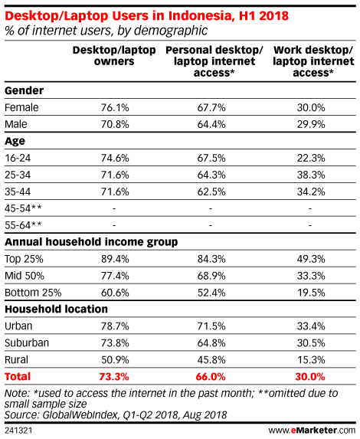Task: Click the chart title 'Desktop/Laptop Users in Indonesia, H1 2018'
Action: (x=146, y=15)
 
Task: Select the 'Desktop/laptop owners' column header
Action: (x=114, y=55)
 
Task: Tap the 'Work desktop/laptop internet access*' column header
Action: (x=313, y=61)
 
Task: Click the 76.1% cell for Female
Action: (x=115, y=107)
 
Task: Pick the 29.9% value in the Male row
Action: (x=311, y=124)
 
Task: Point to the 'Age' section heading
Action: (x=15, y=142)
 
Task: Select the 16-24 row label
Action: (x=18, y=158)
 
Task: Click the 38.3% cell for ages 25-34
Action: (x=311, y=175)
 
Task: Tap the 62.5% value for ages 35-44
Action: (x=211, y=192)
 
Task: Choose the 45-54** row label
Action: (x=23, y=208)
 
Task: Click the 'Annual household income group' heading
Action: (x=91, y=242)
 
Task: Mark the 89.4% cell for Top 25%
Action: (x=115, y=259)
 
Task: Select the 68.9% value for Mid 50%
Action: (x=211, y=276)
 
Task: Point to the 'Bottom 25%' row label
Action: (x=33, y=293)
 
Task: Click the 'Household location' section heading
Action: (x=56, y=309)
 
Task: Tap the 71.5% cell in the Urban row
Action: (x=211, y=326)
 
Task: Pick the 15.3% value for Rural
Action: (x=311, y=360)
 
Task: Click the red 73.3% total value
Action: (x=114, y=377)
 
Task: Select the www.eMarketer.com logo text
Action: (x=312, y=430)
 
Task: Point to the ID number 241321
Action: (x=18, y=431)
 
